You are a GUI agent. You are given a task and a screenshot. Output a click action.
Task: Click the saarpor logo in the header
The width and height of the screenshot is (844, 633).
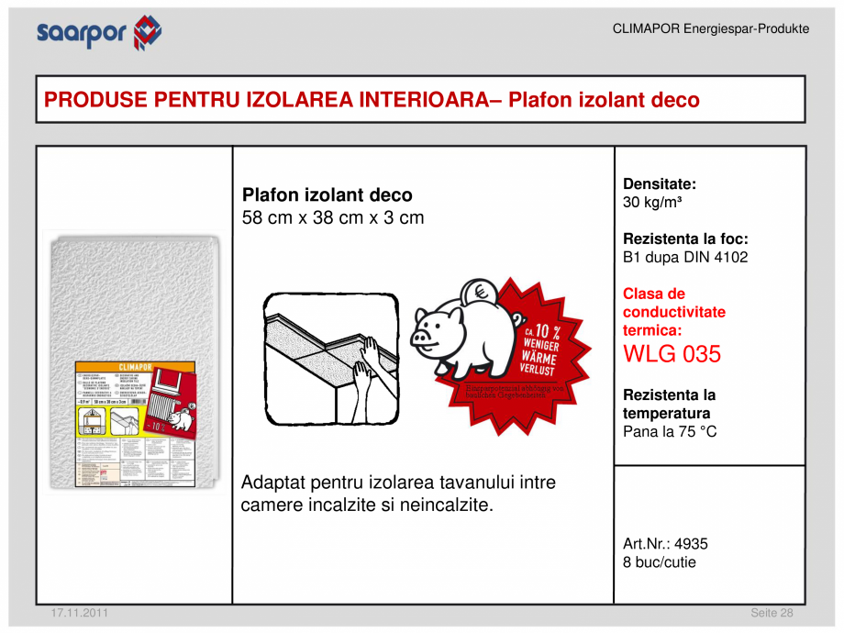(99, 33)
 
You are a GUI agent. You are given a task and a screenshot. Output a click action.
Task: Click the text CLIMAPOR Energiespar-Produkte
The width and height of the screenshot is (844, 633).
(710, 29)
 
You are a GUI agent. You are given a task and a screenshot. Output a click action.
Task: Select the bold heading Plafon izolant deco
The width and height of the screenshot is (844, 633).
(327, 195)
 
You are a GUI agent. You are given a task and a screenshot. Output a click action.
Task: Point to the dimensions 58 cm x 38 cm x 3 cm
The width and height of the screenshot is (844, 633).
(332, 218)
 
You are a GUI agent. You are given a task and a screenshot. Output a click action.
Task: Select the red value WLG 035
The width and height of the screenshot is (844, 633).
(672, 354)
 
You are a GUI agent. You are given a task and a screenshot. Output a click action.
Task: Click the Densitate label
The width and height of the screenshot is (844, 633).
(660, 183)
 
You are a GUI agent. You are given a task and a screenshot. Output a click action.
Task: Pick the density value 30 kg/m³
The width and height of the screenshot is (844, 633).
(651, 202)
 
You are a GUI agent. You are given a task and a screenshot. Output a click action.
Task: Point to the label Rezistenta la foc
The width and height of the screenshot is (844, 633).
(684, 239)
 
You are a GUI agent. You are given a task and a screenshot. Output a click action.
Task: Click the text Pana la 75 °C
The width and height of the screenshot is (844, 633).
(670, 431)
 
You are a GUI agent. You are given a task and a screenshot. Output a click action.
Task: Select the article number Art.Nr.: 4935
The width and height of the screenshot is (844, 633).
(665, 543)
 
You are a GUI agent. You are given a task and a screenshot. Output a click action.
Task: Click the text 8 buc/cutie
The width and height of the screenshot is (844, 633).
(659, 561)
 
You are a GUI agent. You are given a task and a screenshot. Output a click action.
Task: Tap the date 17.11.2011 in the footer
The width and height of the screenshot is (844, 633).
(72, 613)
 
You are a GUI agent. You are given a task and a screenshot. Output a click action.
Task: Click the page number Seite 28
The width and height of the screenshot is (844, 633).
(772, 613)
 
